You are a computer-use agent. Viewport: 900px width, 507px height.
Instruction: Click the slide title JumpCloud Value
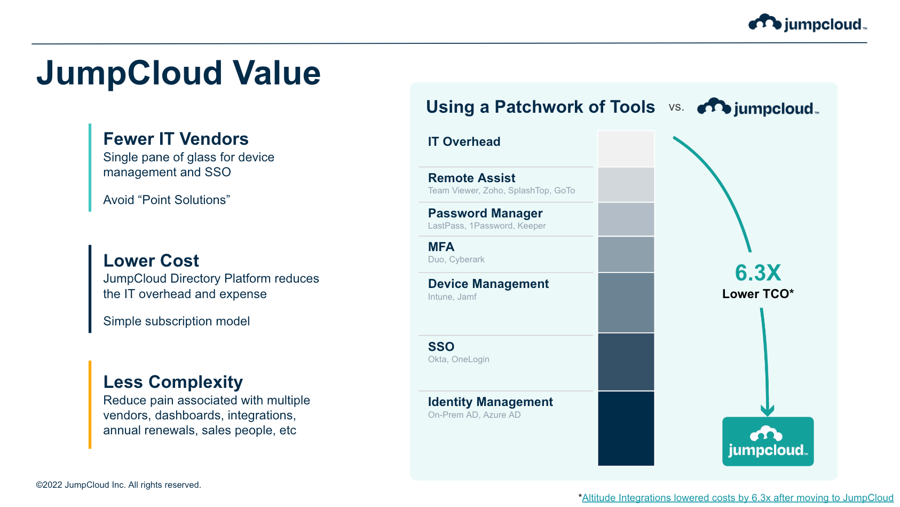click(x=178, y=73)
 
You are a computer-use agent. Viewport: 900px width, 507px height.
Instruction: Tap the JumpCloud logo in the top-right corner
click(x=807, y=24)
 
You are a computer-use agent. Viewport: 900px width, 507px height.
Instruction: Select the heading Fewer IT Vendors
click(x=176, y=139)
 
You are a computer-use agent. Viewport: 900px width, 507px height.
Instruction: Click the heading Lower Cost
click(x=151, y=261)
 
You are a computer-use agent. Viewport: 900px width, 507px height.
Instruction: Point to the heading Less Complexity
click(x=173, y=382)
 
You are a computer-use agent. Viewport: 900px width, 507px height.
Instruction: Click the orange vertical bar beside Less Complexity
click(x=90, y=404)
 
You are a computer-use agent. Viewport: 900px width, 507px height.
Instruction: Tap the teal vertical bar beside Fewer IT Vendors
click(x=90, y=167)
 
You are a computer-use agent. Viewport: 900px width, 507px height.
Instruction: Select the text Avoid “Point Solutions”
click(x=167, y=200)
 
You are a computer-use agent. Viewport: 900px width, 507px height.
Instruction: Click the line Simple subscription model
click(x=176, y=321)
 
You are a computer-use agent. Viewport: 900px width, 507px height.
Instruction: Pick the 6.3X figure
click(x=757, y=273)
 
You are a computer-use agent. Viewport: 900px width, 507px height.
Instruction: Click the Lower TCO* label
click(x=757, y=294)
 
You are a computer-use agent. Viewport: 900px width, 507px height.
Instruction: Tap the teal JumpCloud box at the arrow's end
click(x=768, y=441)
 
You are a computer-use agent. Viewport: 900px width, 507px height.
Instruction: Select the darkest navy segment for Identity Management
click(x=626, y=428)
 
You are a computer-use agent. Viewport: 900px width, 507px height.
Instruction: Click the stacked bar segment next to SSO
click(x=626, y=362)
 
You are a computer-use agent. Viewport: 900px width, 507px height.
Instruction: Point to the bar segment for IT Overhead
click(x=626, y=149)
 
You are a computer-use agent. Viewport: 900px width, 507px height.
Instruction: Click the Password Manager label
click(x=485, y=213)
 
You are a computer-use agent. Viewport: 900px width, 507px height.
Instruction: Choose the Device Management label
click(x=488, y=284)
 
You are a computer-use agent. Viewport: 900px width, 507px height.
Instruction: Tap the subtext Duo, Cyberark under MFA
click(x=456, y=260)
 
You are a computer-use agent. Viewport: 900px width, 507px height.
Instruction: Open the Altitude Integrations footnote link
click(x=737, y=498)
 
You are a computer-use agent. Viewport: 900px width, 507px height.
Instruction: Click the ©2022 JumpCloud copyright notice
click(x=119, y=485)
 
